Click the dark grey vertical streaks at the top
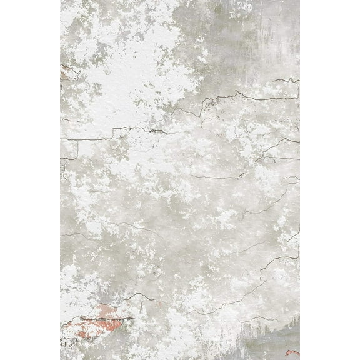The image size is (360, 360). [275, 25]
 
